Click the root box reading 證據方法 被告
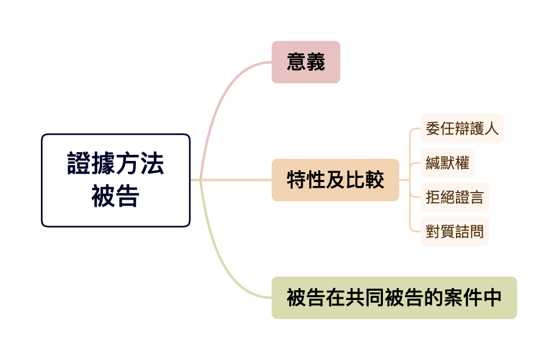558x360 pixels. pos(116,180)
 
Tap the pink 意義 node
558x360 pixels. pos(305,62)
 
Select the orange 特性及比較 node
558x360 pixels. pos(335,180)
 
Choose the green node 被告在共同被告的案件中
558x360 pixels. pos(394,298)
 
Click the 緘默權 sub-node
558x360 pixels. pos(447,163)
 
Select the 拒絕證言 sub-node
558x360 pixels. pos(454,197)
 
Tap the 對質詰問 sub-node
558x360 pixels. pos(454,231)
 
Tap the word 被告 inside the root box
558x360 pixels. pos(116,196)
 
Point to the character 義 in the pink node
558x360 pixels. pos(315,62)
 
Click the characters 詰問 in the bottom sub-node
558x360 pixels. pos(469,231)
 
